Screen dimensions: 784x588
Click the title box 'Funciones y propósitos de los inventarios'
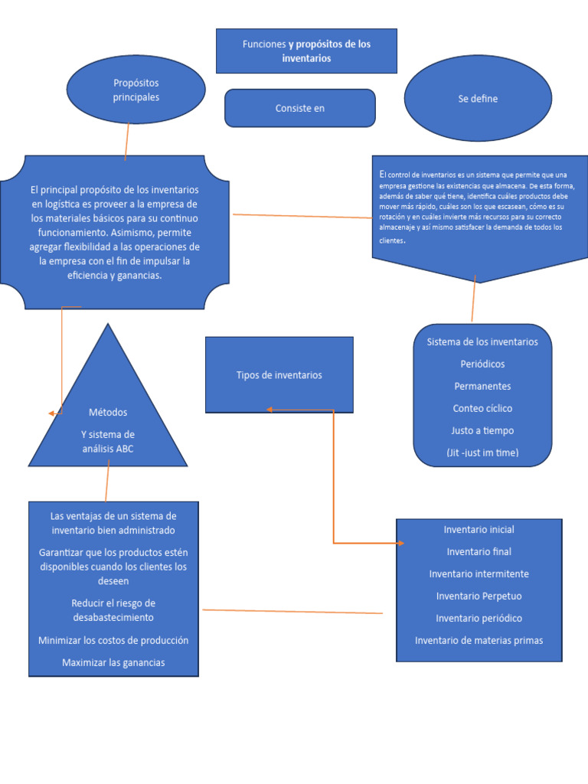306,51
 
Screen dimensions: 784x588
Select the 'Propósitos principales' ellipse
136,90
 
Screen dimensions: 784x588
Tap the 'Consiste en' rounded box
300,108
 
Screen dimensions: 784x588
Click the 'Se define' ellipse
478,99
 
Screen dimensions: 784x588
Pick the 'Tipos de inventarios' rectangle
279,375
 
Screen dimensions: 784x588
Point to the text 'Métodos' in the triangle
108,412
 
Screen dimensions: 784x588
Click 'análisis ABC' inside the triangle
108,449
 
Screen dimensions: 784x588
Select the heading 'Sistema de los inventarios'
482,341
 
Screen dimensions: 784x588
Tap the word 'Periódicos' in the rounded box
482,364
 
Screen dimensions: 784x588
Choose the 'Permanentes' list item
482,386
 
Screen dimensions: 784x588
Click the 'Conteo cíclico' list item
482,408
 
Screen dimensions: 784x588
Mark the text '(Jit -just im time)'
482,452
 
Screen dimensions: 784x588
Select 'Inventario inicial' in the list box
479,529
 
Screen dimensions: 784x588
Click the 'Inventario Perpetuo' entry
479,596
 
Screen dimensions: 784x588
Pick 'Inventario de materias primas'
479,640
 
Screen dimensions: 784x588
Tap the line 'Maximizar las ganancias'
113,662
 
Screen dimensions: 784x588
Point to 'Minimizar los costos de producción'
113,640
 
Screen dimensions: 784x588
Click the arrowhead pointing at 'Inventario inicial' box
400,544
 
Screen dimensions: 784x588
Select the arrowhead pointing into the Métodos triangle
52,413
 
